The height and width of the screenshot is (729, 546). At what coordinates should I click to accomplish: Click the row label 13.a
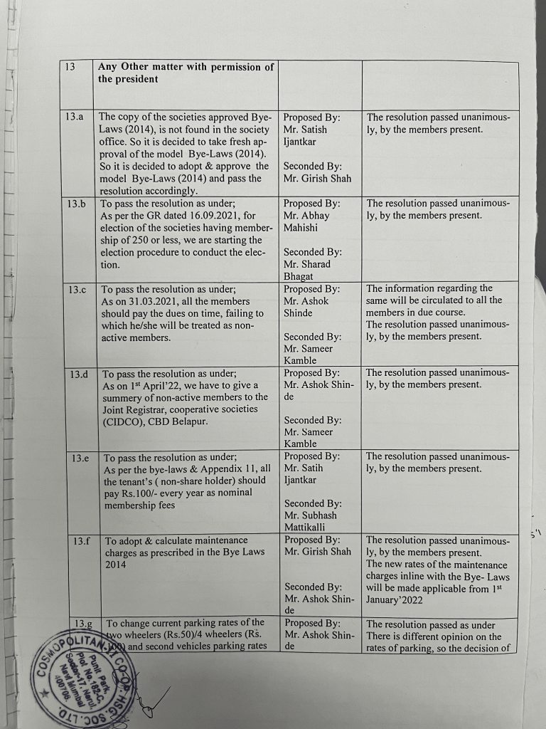coord(74,115)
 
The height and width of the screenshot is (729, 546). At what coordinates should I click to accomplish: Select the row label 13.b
coord(76,204)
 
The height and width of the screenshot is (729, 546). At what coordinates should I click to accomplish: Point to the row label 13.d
coord(80,374)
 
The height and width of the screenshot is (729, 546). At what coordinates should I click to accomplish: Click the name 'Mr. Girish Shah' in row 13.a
coord(317,179)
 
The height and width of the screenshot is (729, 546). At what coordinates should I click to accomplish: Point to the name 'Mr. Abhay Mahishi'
coord(306,221)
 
